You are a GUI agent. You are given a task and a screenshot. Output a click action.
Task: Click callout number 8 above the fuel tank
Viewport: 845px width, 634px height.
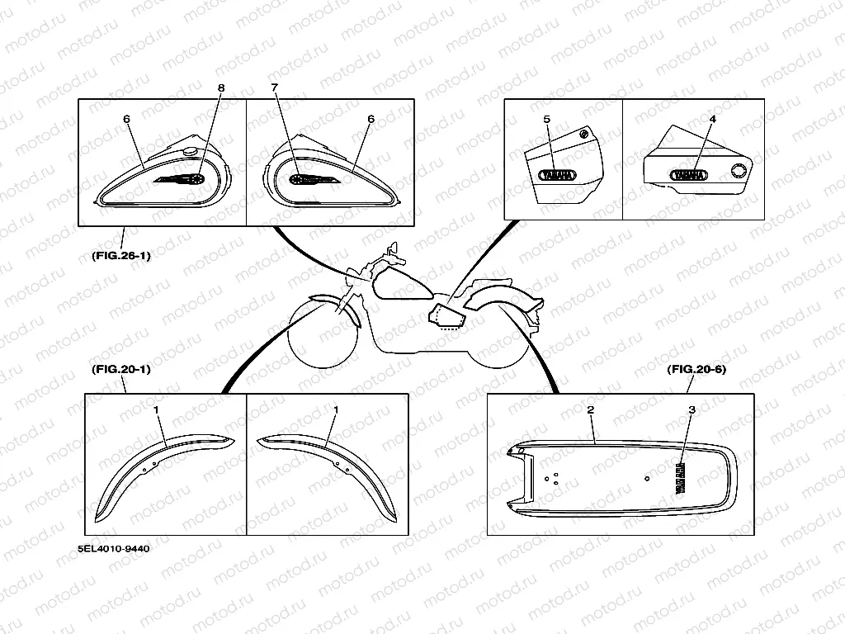[220, 88]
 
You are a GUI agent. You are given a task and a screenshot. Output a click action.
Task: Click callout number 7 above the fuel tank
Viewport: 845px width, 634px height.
[275, 88]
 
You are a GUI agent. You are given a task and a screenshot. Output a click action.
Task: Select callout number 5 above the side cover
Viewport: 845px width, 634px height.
[546, 119]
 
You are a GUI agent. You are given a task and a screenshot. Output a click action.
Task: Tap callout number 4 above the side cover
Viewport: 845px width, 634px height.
[712, 119]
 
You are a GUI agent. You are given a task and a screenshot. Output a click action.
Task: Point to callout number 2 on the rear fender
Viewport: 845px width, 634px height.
[591, 410]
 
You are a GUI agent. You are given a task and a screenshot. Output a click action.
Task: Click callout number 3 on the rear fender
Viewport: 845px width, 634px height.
[692, 410]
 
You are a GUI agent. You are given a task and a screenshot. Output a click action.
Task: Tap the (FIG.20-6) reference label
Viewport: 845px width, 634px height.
[696, 370]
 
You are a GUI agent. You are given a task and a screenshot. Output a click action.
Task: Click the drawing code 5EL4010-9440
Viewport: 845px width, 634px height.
[115, 546]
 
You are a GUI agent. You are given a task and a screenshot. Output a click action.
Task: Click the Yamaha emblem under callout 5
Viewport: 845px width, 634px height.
[558, 175]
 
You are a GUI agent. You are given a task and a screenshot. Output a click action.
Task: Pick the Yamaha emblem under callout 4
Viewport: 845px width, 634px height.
[688, 175]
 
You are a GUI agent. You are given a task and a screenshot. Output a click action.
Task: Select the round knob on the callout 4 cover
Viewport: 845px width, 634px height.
[737, 171]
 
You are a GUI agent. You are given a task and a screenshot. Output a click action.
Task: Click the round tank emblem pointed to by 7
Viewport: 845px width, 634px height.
[297, 179]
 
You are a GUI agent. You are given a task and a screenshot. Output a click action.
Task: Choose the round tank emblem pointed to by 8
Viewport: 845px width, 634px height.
[199, 177]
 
